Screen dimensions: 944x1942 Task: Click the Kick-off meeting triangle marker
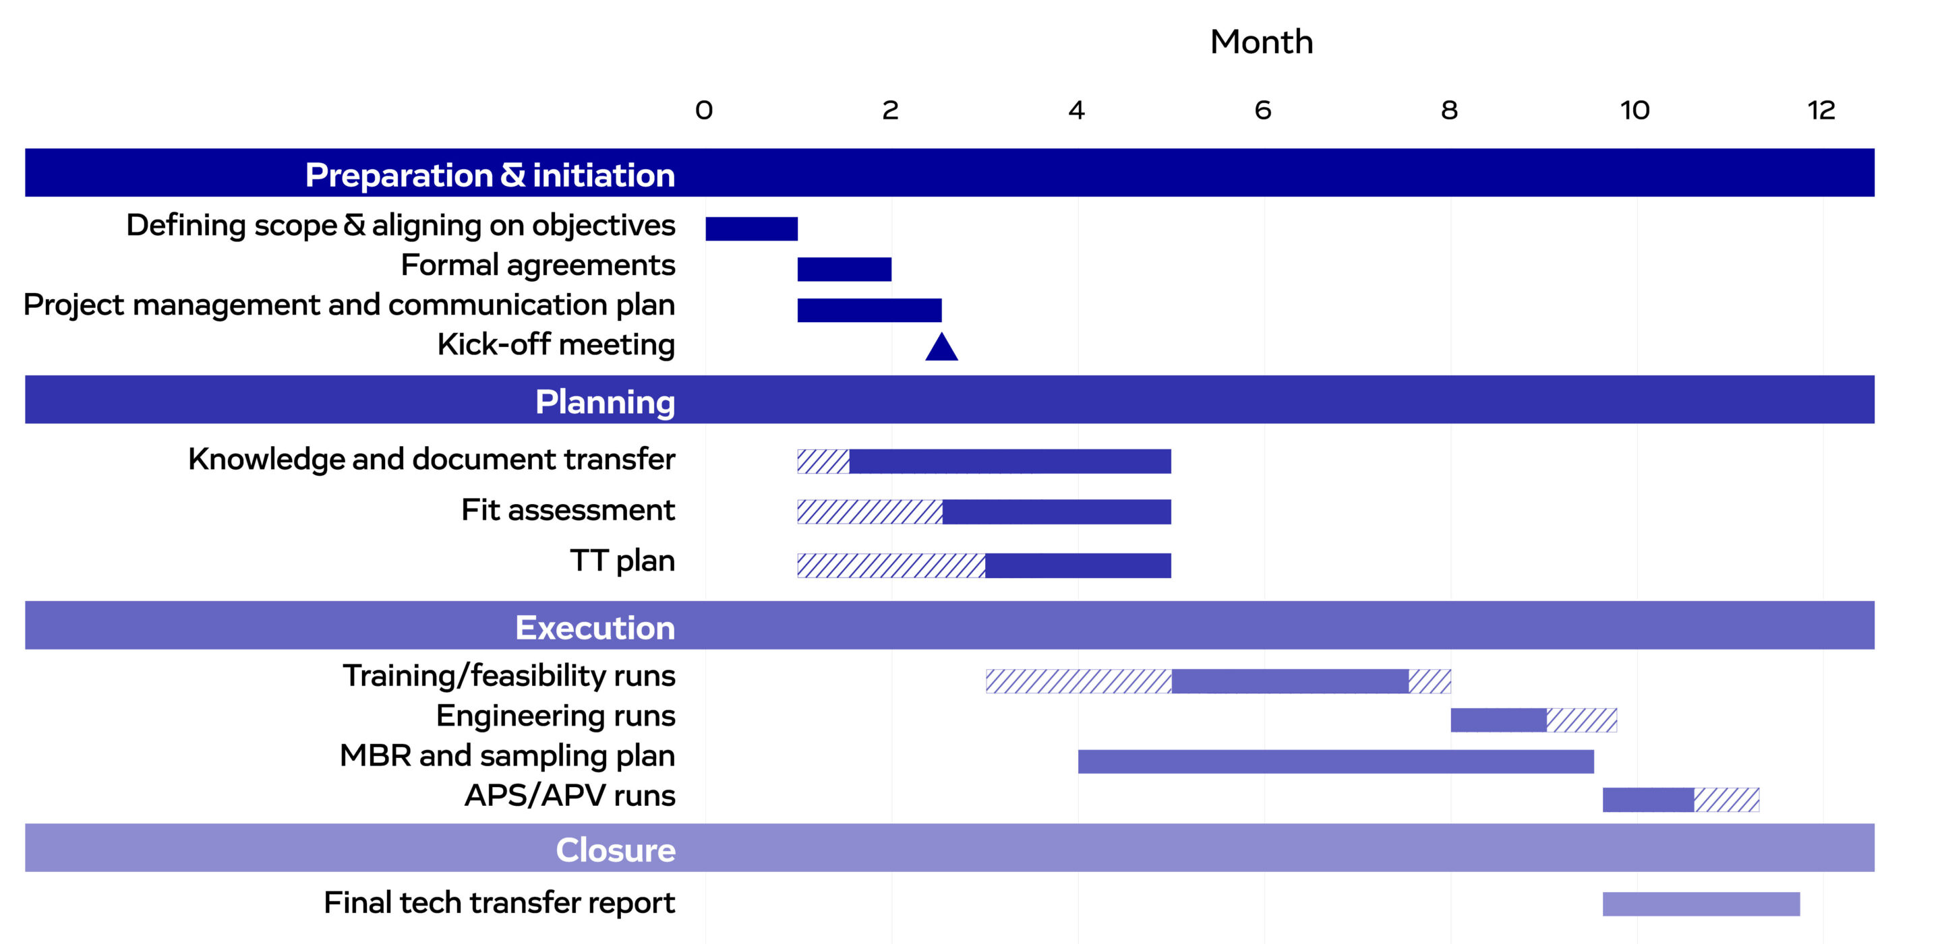point(941,349)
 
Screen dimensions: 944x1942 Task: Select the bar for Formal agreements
point(844,269)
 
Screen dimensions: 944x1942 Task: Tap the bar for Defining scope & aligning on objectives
point(751,229)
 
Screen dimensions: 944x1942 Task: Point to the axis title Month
point(1261,42)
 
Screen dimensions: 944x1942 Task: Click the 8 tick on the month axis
point(1449,111)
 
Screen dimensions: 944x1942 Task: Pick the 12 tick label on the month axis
point(1821,111)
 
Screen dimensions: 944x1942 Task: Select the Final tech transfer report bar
point(1701,904)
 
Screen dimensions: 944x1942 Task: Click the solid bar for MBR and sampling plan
point(1335,761)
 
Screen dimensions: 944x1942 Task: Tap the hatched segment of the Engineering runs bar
point(1581,720)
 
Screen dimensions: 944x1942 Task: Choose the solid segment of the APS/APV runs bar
point(1648,799)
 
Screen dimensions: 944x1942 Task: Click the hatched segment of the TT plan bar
point(891,565)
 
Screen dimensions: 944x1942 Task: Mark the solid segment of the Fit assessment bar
point(1056,511)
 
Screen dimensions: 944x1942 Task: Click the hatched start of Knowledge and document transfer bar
point(823,461)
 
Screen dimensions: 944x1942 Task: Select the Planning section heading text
point(605,402)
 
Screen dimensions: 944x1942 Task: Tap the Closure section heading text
point(615,850)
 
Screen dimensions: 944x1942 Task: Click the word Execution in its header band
point(595,627)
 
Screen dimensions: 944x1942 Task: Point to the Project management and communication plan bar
point(869,310)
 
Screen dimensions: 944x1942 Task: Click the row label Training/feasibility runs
point(509,676)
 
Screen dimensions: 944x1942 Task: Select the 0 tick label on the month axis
point(703,111)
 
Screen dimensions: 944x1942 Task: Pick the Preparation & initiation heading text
point(490,175)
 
